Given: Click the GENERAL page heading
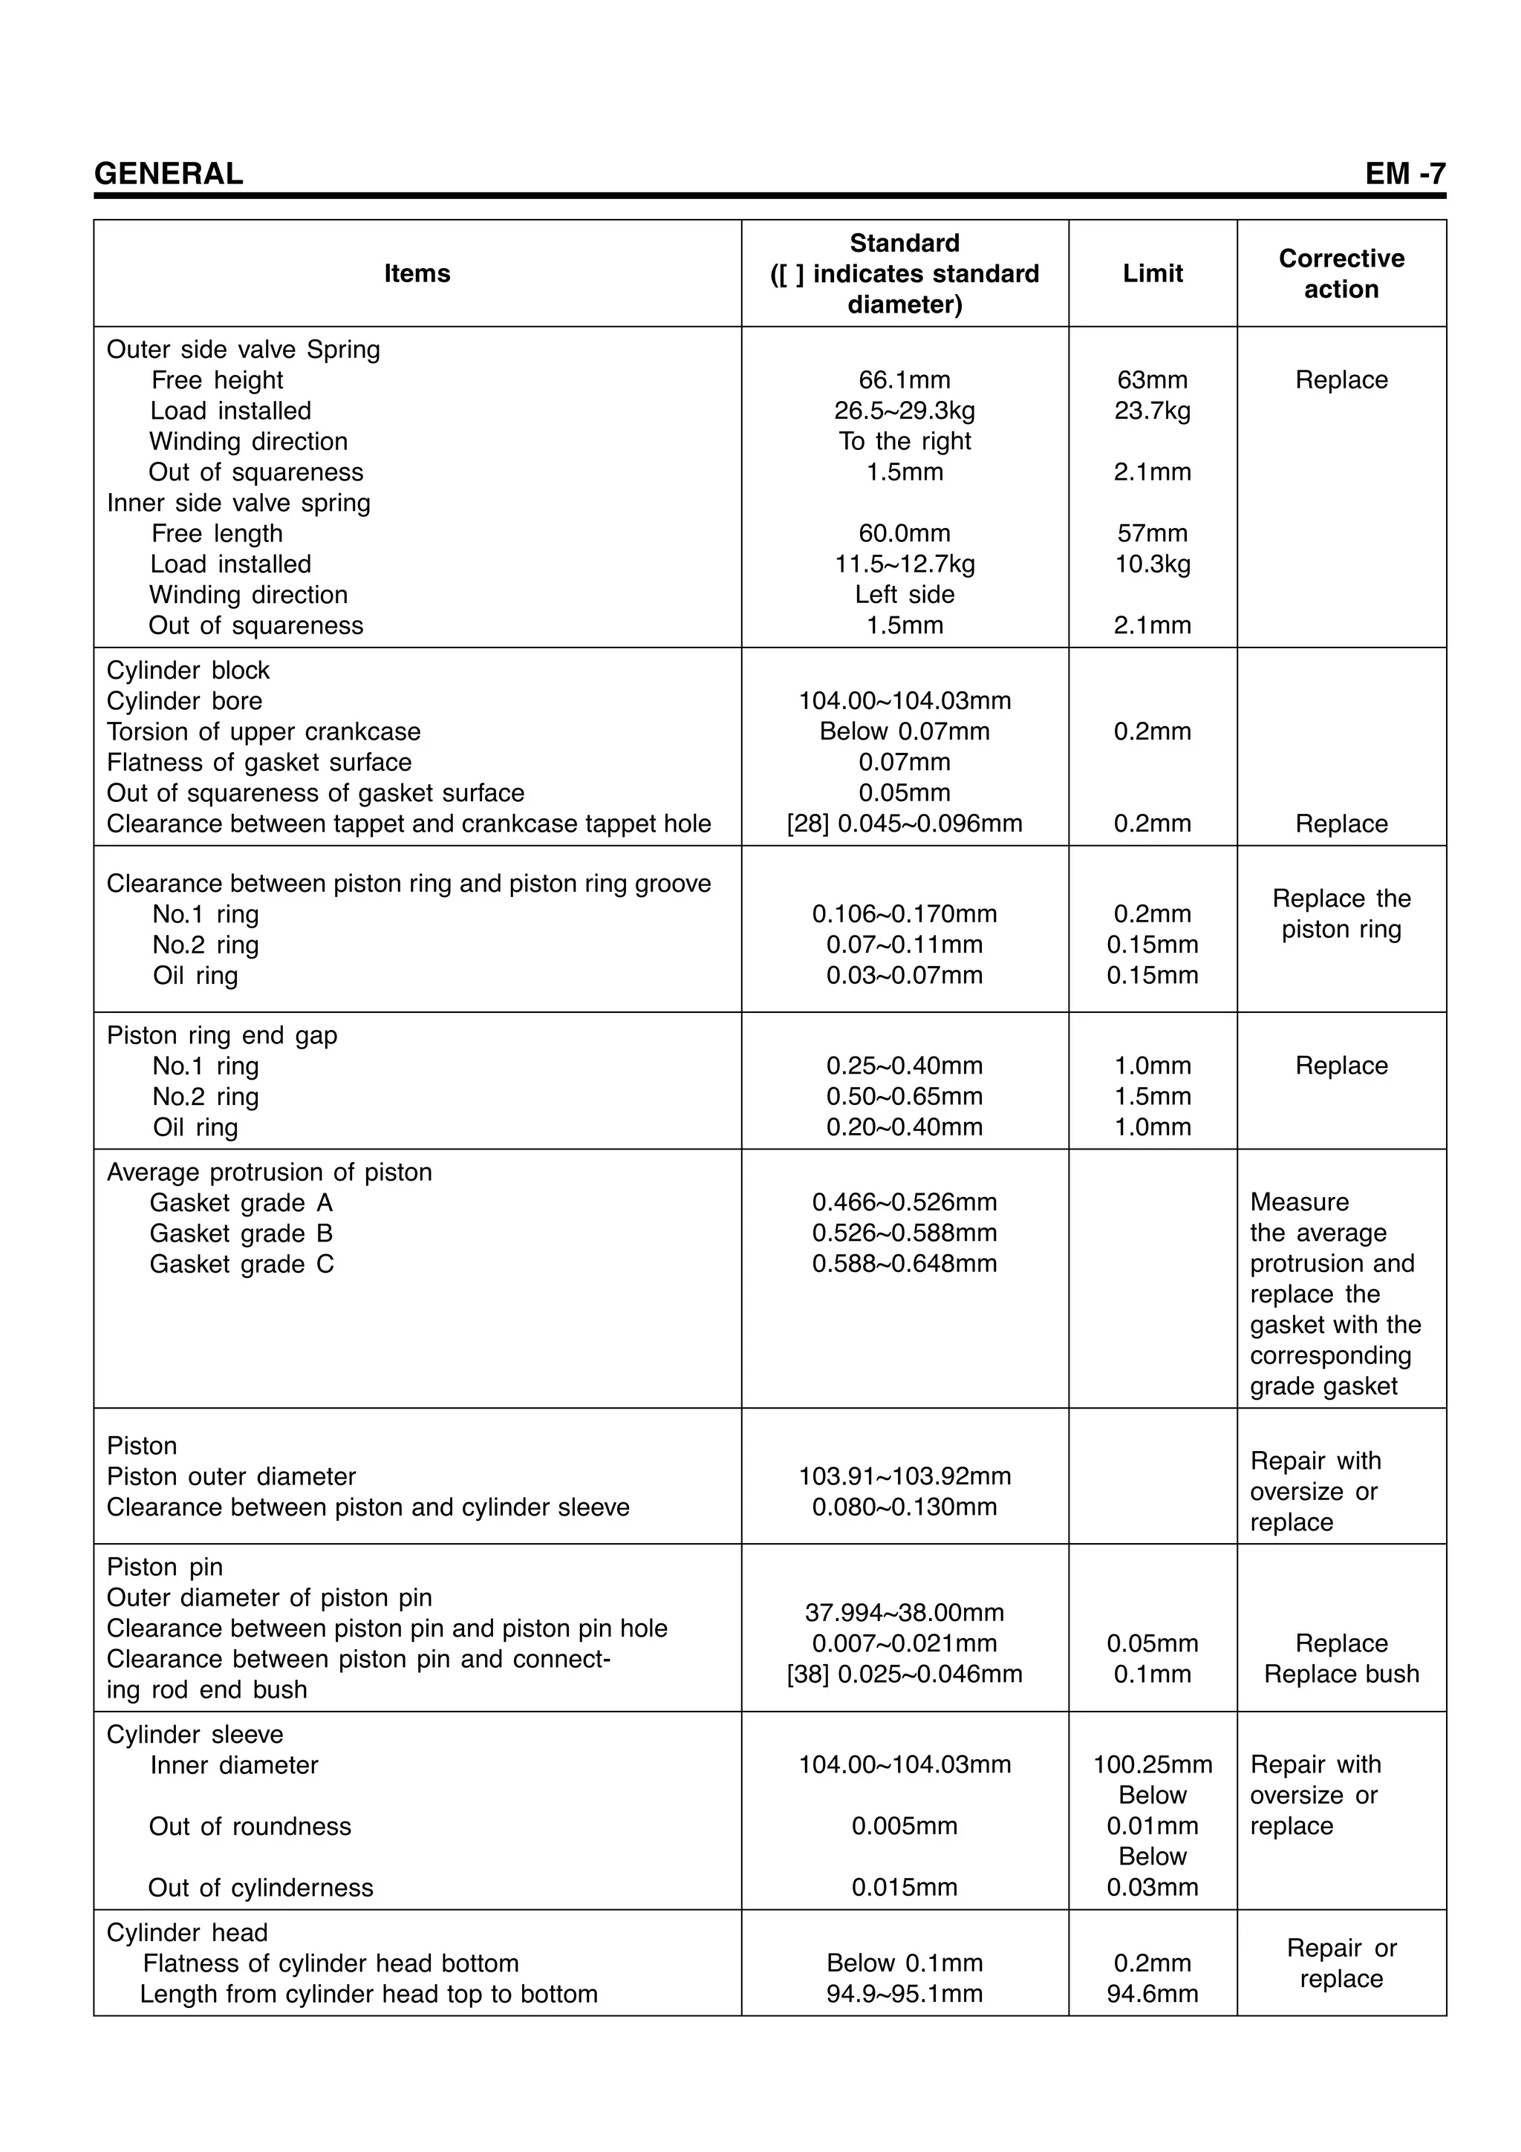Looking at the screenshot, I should tap(169, 174).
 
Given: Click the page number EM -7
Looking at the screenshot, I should tap(1405, 174).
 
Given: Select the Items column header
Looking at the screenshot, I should tap(417, 274).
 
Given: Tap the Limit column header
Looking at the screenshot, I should tap(1153, 274).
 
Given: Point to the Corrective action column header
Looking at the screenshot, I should tap(1341, 274).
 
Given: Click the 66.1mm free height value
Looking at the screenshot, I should tap(905, 379).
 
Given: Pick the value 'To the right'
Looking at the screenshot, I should tap(905, 441).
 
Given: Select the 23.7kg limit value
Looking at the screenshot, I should tap(1153, 411).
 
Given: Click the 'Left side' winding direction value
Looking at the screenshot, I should tap(905, 594).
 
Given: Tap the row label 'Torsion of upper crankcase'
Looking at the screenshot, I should tap(264, 731).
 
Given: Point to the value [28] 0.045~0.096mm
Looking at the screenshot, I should tap(905, 824).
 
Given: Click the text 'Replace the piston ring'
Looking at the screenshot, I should tap(1341, 914).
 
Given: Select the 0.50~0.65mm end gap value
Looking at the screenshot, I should tap(905, 1097).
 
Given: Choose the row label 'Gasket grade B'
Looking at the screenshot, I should tap(241, 1233).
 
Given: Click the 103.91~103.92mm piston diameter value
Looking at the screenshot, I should tap(905, 1476).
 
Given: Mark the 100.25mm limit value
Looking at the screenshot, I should tap(1153, 1765).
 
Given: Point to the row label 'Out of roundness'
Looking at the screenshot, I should tap(250, 1826).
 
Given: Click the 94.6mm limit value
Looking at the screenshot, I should tap(1153, 1994).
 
